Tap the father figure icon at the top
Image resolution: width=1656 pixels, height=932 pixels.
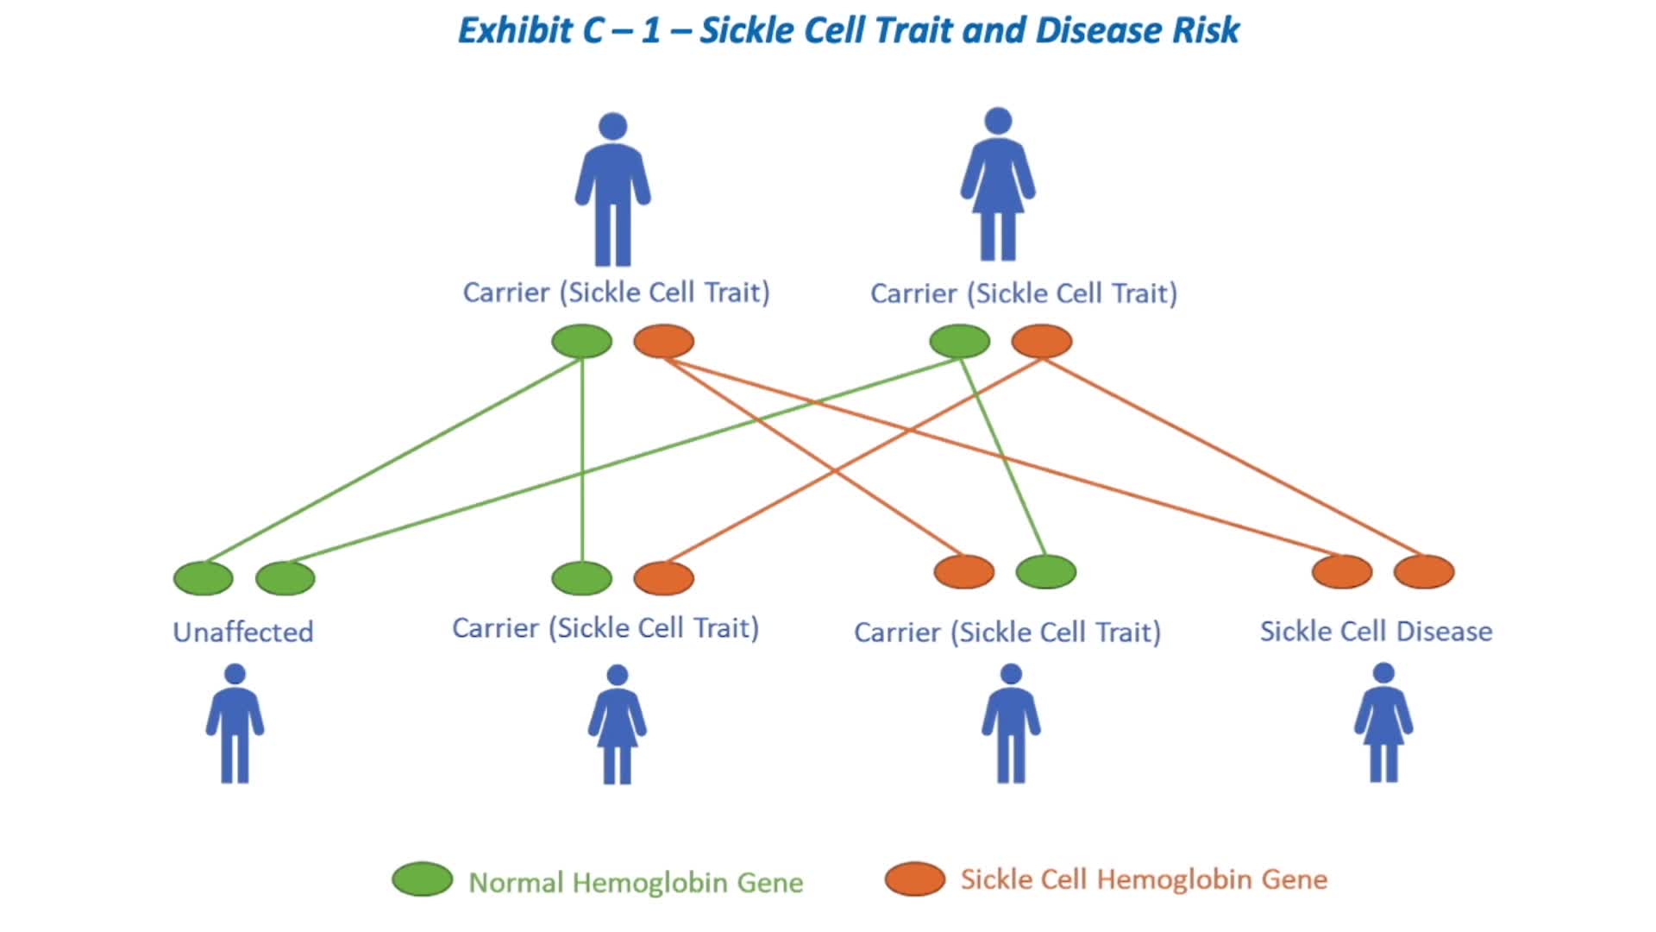pyautogui.click(x=612, y=189)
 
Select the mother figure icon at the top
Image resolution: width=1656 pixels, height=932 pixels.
pyautogui.click(x=998, y=184)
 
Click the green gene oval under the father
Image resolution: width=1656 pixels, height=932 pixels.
pyautogui.click(x=582, y=341)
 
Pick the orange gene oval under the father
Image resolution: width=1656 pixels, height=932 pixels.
pyautogui.click(x=664, y=341)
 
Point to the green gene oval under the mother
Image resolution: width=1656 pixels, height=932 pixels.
pyautogui.click(x=960, y=341)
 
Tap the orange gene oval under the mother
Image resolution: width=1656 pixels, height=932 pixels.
pyautogui.click(x=1042, y=341)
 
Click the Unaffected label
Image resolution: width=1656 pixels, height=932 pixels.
pyautogui.click(x=243, y=632)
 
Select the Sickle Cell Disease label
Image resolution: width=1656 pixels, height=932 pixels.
pyautogui.click(x=1376, y=631)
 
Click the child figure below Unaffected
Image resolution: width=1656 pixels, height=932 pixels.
pyautogui.click(x=235, y=723)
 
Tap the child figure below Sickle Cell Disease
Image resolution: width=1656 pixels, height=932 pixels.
pyautogui.click(x=1383, y=722)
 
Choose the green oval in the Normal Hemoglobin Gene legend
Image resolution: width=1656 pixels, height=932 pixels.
pyautogui.click(x=423, y=879)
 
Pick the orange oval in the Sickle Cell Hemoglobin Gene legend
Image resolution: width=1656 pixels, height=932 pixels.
pyautogui.click(x=915, y=879)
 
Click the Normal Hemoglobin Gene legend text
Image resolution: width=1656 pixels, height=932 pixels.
pyautogui.click(x=636, y=882)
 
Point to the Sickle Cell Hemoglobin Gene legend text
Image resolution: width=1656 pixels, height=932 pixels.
pyautogui.click(x=1144, y=879)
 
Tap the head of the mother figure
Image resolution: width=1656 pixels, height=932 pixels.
pyautogui.click(x=998, y=121)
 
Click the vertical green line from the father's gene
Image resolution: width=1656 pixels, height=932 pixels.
pyautogui.click(x=582, y=460)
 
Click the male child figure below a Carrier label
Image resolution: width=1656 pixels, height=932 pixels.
pyautogui.click(x=1011, y=723)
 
